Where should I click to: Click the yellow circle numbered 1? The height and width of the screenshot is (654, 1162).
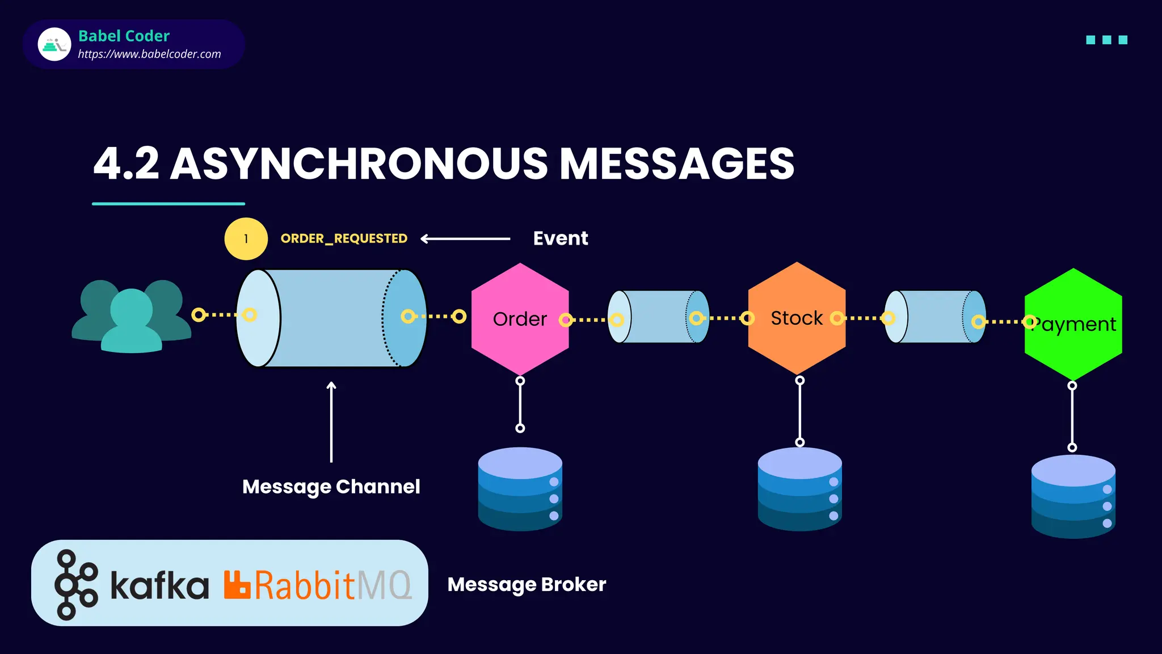point(246,239)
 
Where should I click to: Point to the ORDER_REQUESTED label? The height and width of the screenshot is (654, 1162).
point(344,238)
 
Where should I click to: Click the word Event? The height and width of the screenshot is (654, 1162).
point(561,238)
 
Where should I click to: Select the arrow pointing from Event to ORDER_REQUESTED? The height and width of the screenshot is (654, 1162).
point(465,239)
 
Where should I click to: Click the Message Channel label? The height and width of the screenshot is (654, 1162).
point(331,487)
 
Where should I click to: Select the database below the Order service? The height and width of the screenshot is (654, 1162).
point(520,489)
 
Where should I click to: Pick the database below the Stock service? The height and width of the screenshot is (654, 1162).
point(799,489)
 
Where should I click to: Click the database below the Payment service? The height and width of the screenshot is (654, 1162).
point(1073,496)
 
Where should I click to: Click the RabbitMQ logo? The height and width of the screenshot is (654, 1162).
point(318,585)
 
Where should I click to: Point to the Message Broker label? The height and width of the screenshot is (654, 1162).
point(527,584)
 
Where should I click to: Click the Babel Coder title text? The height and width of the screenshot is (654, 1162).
point(124,36)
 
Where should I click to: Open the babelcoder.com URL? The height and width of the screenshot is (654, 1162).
point(149,54)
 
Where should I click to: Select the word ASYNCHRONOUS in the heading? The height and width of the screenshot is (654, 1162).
point(359,164)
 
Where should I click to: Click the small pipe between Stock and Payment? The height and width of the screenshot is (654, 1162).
point(935,317)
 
